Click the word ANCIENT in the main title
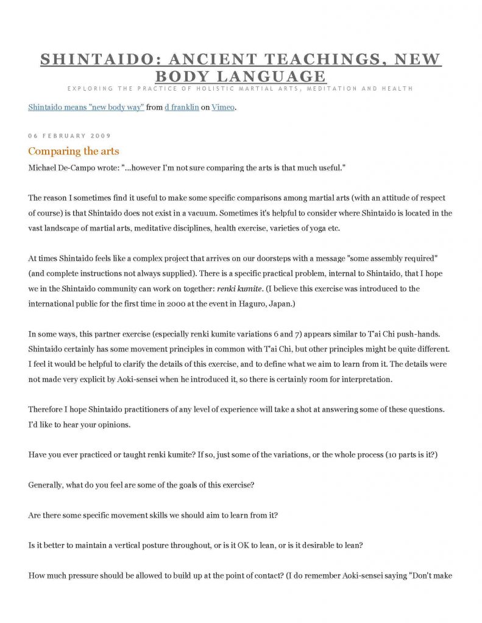coord(202,60)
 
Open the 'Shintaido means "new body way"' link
coord(86,108)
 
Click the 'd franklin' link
coord(182,108)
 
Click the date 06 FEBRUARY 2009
coord(69,135)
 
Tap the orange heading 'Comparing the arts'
coord(74,151)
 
